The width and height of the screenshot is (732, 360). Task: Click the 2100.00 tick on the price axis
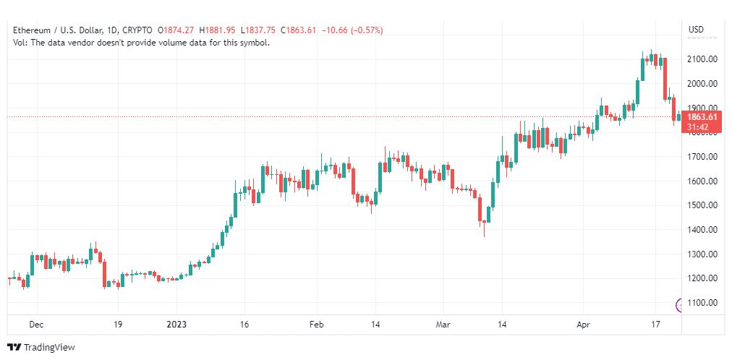coord(703,59)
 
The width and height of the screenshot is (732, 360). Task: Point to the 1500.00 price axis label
coord(703,205)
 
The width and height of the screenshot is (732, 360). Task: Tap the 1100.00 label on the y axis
coord(703,303)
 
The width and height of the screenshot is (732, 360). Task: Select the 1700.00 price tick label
coord(703,157)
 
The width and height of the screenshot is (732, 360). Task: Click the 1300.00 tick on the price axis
coord(703,254)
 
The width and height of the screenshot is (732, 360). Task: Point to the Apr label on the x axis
coord(583,324)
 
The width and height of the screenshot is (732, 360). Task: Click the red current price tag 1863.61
coord(702,117)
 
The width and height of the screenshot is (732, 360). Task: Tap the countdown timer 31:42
coord(698,127)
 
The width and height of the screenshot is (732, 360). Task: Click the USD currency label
coord(696,30)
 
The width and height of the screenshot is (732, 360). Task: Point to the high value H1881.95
coord(217,30)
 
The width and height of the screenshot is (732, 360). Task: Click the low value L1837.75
coord(258,30)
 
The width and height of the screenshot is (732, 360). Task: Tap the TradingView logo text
coord(49,348)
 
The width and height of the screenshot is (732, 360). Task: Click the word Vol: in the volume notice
coord(20,43)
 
